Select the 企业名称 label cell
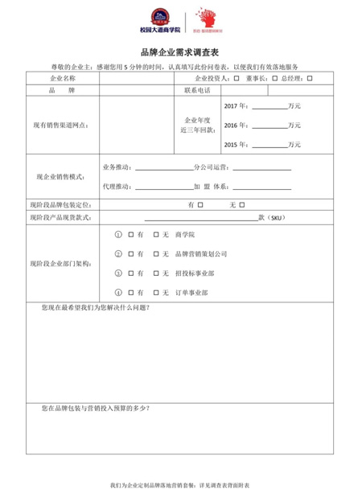pyautogui.click(x=63, y=79)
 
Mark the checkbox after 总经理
pyautogui.click(x=310, y=79)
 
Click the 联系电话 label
pyautogui.click(x=197, y=91)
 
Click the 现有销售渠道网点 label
pyautogui.click(x=61, y=125)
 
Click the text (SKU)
pyautogui.click(x=275, y=218)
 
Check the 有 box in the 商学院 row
pyautogui.click(x=130, y=234)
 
